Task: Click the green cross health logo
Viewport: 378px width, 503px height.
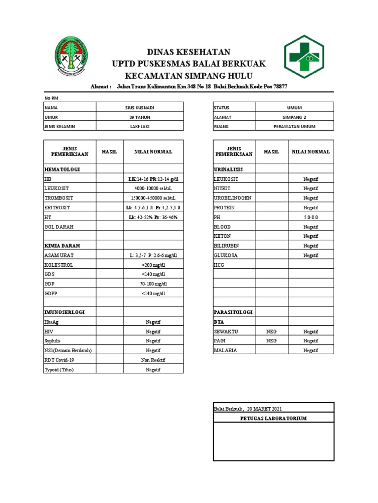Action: (303, 57)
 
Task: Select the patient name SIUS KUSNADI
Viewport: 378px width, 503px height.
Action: (139, 108)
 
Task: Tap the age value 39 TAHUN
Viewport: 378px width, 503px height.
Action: (139, 117)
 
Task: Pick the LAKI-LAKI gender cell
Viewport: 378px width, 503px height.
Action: (139, 126)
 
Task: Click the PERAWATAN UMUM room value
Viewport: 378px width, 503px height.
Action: (294, 126)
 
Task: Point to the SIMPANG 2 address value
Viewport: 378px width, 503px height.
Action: (294, 117)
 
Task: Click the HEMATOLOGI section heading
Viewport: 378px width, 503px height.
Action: (62, 169)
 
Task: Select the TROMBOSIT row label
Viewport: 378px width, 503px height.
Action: (57, 197)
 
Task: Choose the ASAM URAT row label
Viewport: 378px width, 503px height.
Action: (58, 255)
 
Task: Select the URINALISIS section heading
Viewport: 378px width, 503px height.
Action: (228, 169)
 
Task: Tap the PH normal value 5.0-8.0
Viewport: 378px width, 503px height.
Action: (311, 217)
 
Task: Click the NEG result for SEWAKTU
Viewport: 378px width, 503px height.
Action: (271, 332)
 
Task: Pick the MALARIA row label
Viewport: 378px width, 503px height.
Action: (225, 350)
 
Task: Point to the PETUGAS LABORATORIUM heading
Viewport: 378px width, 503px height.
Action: (273, 418)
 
